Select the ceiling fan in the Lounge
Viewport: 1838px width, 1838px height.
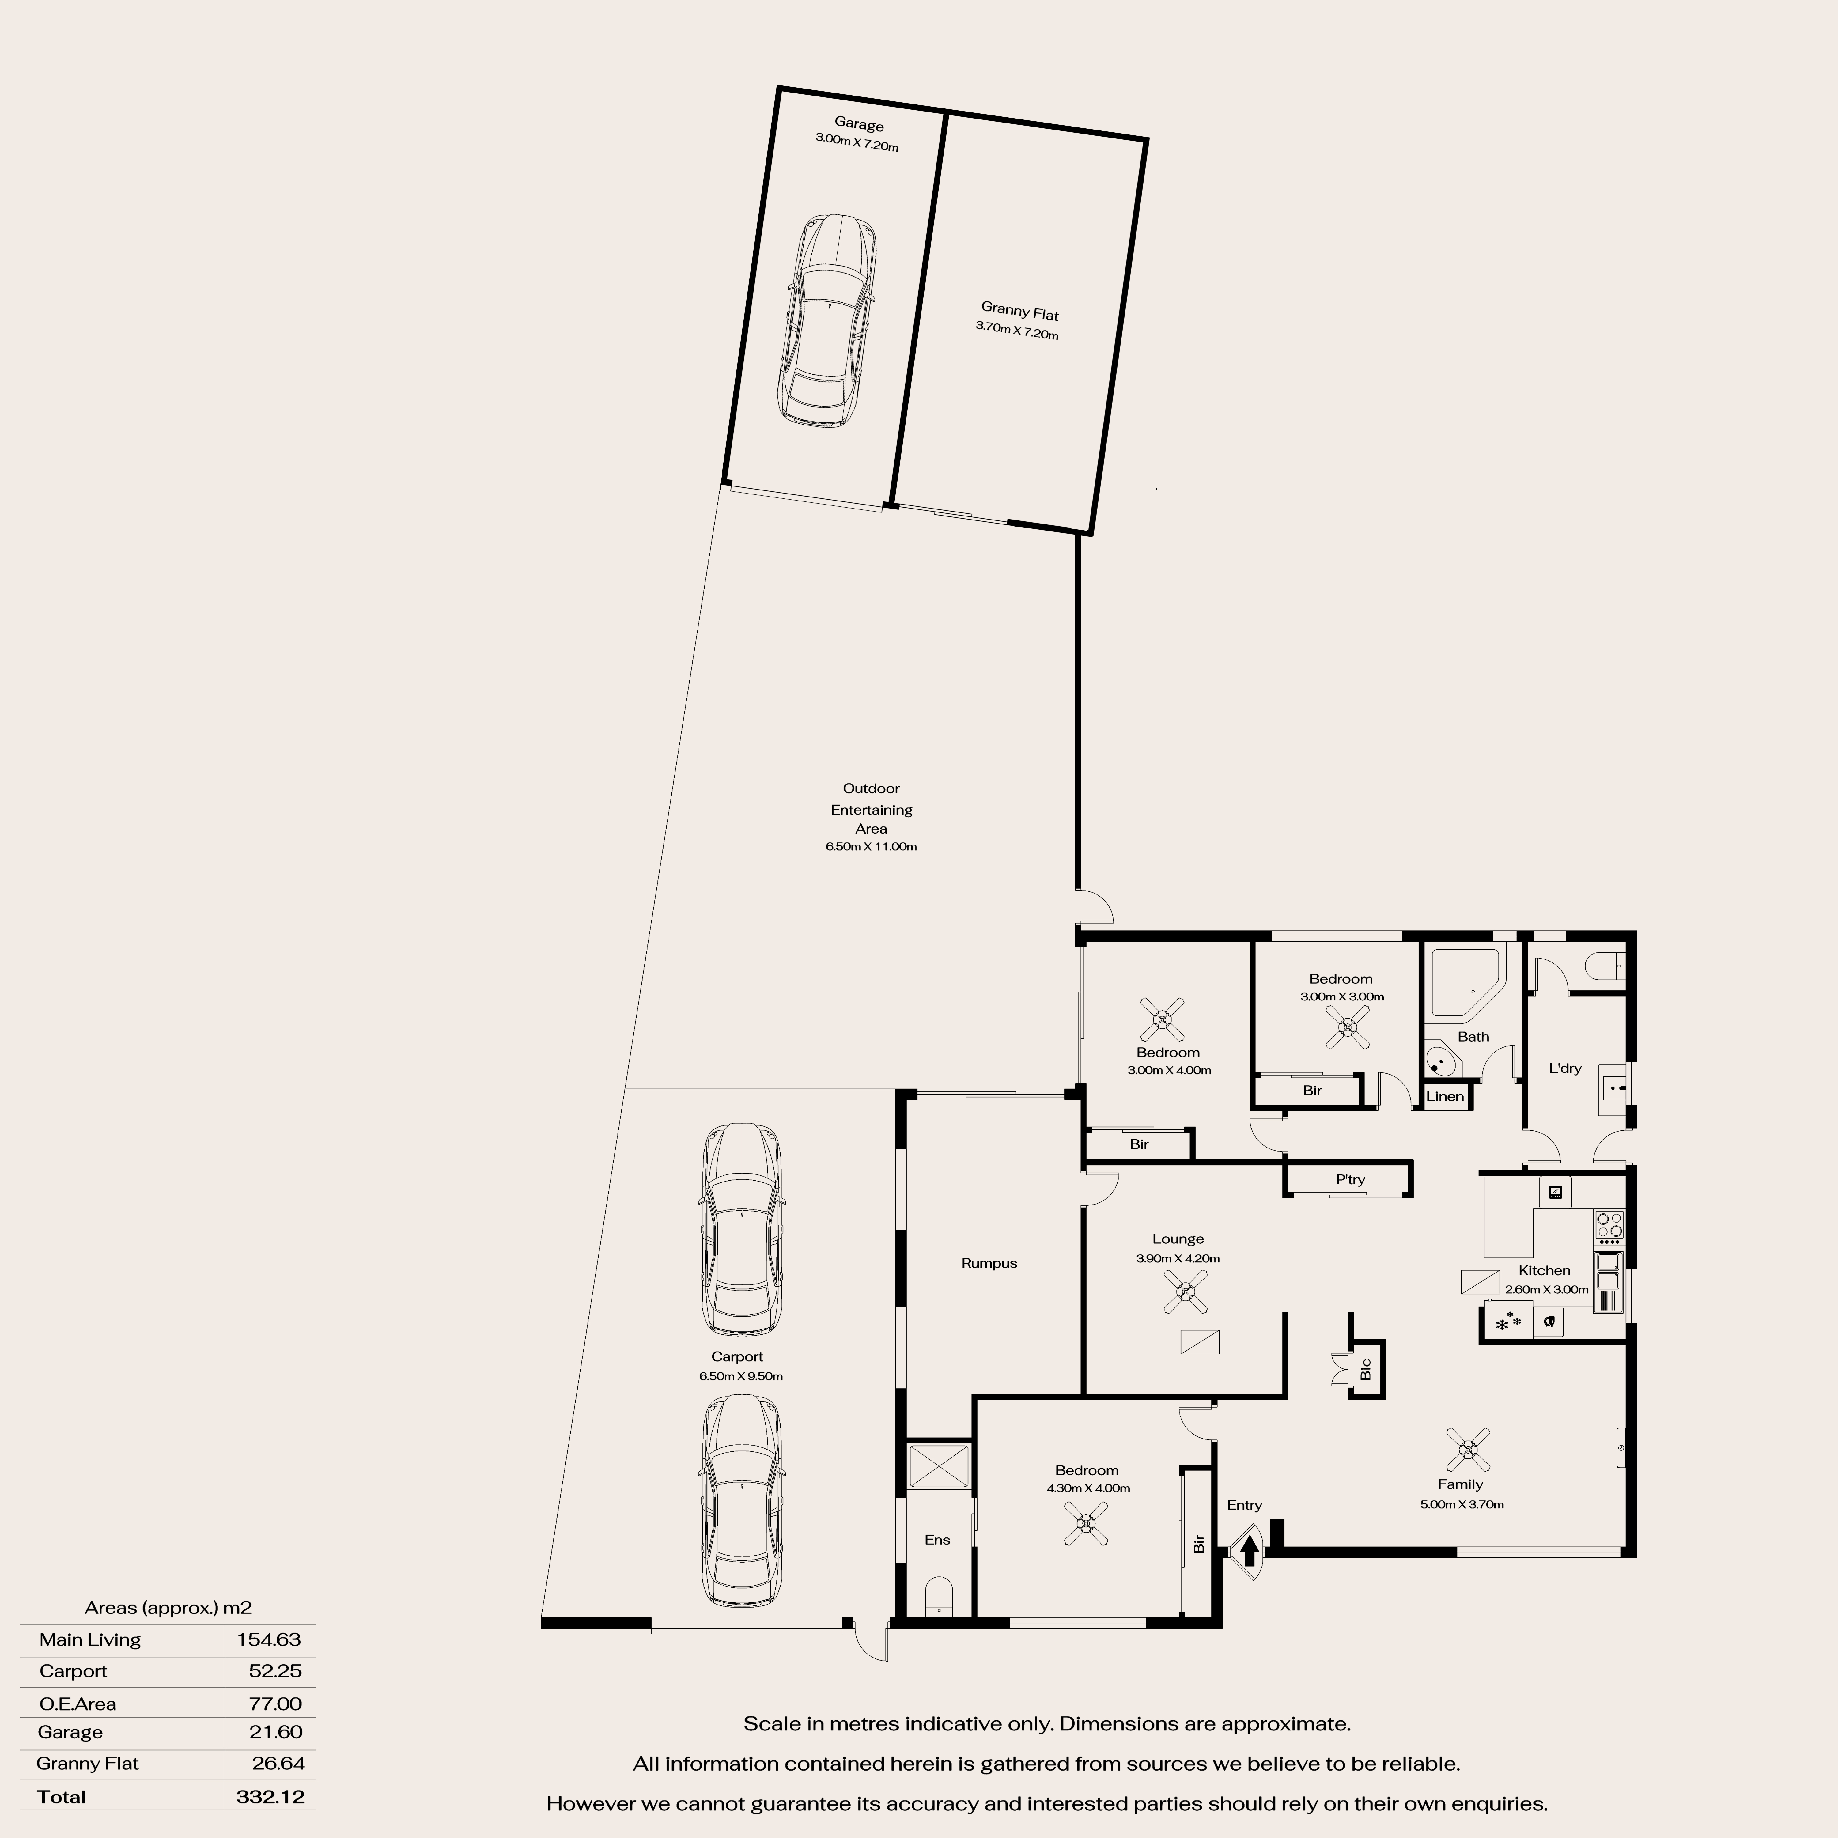[x=1186, y=1292]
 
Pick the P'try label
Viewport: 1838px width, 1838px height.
[x=1350, y=1180]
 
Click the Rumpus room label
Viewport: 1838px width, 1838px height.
[x=989, y=1263]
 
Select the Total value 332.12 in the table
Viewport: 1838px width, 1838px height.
[x=270, y=1797]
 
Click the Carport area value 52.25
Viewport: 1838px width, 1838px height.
[x=276, y=1672]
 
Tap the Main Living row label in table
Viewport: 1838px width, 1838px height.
[x=90, y=1640]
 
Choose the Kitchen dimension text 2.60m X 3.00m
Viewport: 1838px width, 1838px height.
[x=1547, y=1290]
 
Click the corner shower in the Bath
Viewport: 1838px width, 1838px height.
[x=1465, y=982]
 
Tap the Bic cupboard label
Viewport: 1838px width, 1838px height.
[x=1366, y=1369]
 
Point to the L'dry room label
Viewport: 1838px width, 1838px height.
[x=1565, y=1068]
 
